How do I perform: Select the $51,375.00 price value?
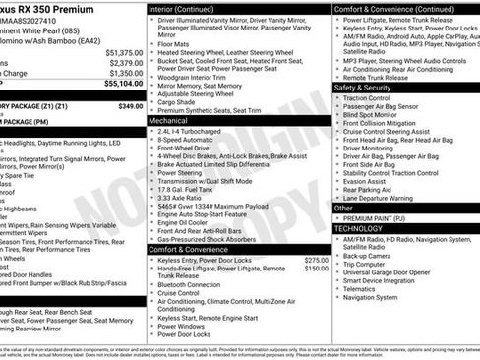120,51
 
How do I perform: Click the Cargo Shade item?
179,101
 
